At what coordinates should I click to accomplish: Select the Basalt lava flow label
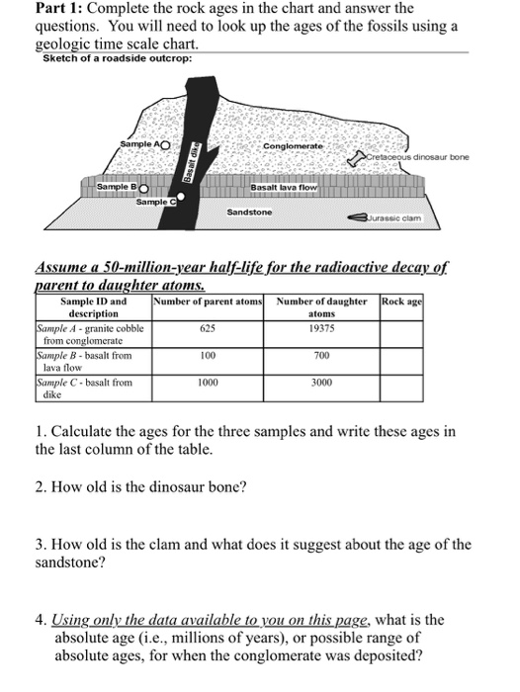pos(284,187)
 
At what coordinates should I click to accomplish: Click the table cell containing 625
pos(207,326)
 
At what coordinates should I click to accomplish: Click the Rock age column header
pos(402,300)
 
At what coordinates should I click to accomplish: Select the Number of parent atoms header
pos(207,300)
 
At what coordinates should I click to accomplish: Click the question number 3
pos(39,545)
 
